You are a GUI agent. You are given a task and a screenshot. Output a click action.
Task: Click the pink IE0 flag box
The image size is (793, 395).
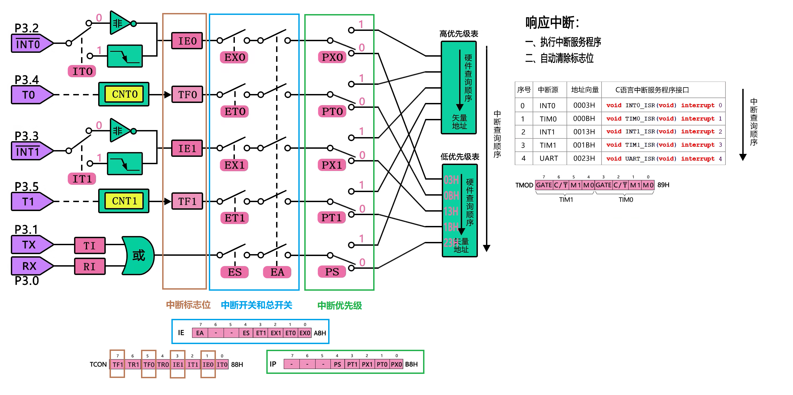click(x=187, y=41)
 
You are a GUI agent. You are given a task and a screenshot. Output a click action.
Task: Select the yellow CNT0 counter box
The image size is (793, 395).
click(x=124, y=94)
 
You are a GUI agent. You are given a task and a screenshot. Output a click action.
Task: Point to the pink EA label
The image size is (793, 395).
click(x=277, y=272)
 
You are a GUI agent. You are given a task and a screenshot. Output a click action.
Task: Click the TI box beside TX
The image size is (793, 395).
click(x=90, y=245)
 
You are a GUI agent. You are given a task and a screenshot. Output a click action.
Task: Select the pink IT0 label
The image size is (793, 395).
click(x=82, y=71)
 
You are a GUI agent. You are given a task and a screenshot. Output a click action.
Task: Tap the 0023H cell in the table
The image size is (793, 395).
click(x=584, y=158)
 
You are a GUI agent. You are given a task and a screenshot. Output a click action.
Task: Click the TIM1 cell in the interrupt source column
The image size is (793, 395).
click(x=548, y=145)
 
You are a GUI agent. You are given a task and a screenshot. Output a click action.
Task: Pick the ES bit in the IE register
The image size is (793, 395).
click(x=246, y=333)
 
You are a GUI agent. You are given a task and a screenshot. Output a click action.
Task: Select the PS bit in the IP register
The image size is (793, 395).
click(x=337, y=364)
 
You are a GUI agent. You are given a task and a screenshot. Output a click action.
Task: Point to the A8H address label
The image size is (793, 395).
click(x=320, y=333)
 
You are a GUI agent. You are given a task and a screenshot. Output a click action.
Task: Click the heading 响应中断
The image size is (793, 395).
click(x=552, y=22)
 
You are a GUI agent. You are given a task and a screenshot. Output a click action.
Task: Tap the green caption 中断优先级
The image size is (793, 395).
click(x=340, y=306)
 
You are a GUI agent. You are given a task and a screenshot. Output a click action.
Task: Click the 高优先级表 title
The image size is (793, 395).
click(x=459, y=34)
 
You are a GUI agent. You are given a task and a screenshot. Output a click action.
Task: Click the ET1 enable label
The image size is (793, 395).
click(x=235, y=218)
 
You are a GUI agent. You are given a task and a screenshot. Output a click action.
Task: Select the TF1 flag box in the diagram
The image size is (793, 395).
click(x=187, y=202)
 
